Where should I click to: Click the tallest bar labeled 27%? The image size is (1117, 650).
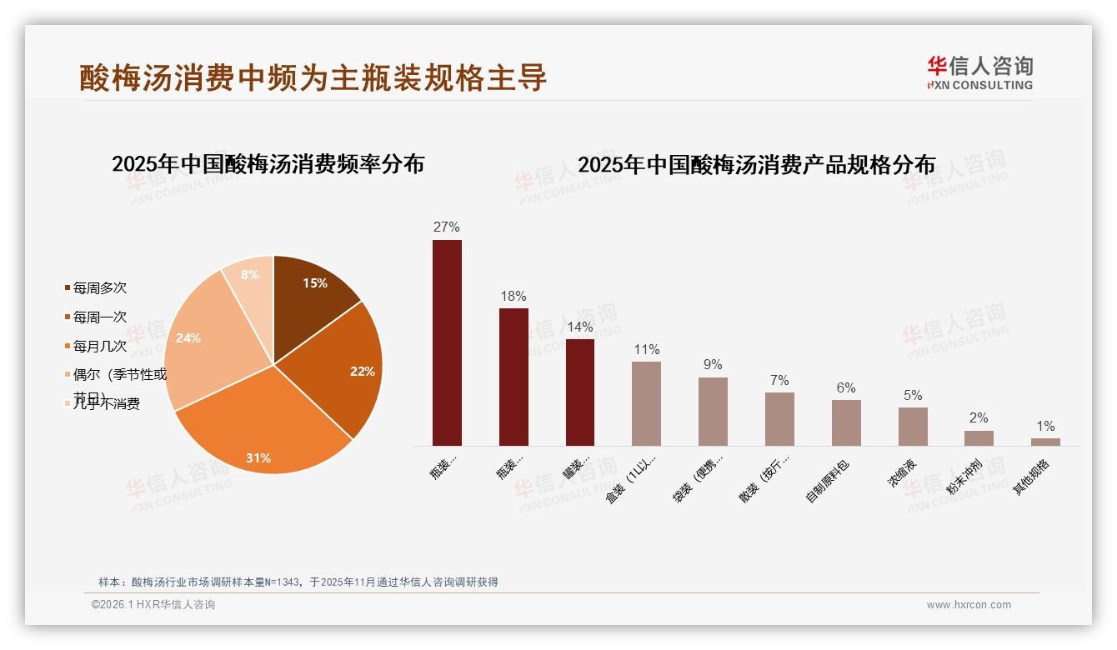[x=447, y=342]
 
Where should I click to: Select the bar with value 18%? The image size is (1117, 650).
[x=513, y=377]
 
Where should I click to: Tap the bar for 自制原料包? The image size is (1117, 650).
[x=846, y=422]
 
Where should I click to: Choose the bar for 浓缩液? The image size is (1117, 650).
[x=913, y=426]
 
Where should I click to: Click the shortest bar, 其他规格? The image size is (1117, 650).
[x=1045, y=442]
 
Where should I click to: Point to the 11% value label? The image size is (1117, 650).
[x=646, y=350]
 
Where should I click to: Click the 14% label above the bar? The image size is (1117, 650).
[x=579, y=327]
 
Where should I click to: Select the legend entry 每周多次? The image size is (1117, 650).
[x=99, y=288]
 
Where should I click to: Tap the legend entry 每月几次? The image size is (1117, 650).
[x=99, y=346]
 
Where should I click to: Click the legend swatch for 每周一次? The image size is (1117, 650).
[x=68, y=317]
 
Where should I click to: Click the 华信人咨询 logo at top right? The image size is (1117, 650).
[x=979, y=72]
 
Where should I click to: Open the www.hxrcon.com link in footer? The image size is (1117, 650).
[x=969, y=605]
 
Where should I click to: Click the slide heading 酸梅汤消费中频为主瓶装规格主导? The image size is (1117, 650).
[x=313, y=77]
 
